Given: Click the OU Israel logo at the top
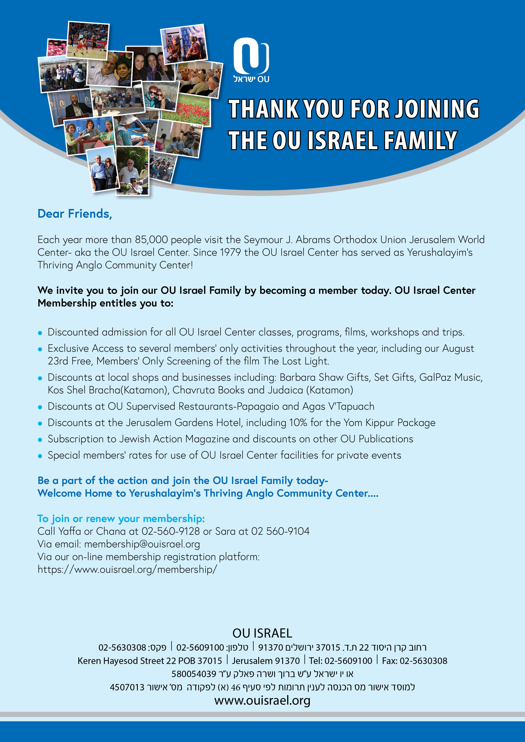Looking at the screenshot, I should (251, 60).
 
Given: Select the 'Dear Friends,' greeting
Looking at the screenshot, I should (75, 214).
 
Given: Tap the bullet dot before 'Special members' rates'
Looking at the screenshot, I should (40, 456).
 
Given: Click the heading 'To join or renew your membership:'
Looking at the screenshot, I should (121, 519).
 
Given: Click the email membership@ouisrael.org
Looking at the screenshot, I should (142, 544).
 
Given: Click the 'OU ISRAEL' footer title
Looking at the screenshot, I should (262, 633).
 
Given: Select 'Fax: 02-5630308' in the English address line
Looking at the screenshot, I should (414, 661).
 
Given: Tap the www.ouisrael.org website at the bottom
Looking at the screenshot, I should (262, 700).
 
